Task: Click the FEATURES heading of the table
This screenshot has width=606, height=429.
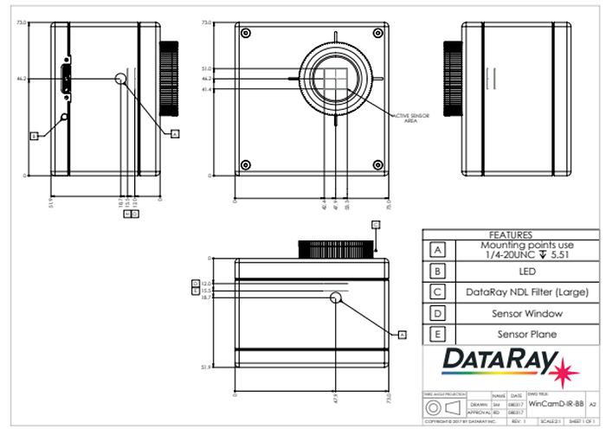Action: [x=505, y=234]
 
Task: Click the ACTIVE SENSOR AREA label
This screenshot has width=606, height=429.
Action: [x=409, y=118]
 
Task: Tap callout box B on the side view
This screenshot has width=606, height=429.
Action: [x=34, y=136]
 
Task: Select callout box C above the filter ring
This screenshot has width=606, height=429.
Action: [x=376, y=224]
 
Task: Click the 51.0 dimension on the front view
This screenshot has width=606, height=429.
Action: [x=205, y=68]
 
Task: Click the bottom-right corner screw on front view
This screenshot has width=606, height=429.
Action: [x=376, y=164]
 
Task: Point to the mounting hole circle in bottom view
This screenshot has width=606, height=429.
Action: [x=336, y=298]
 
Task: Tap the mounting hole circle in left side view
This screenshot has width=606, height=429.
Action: [x=120, y=79]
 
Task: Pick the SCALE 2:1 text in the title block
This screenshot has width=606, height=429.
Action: [x=546, y=421]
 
